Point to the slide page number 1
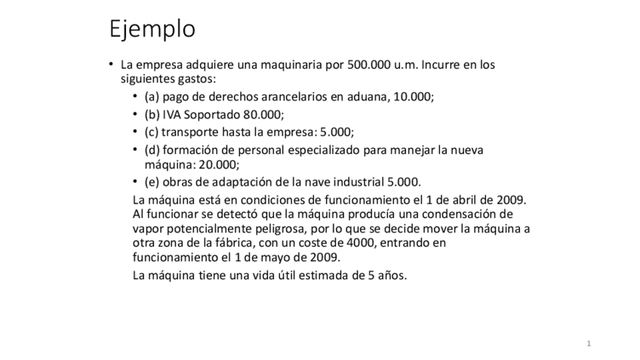pos(589,344)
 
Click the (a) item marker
pos(151,98)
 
